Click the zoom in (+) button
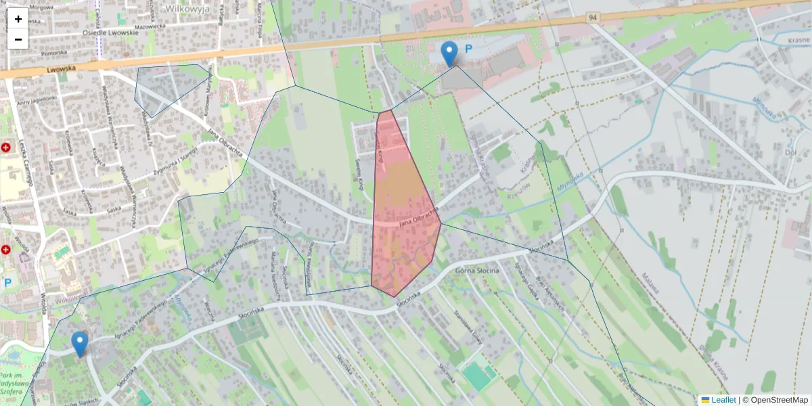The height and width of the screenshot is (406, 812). click(x=18, y=19)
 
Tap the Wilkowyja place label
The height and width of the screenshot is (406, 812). click(x=187, y=9)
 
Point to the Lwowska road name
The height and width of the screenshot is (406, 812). click(x=64, y=69)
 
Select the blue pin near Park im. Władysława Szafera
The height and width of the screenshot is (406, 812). click(x=80, y=343)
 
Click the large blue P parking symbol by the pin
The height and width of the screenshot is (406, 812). click(x=468, y=49)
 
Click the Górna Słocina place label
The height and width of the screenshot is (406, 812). click(x=478, y=271)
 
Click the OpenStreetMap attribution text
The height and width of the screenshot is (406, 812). click(x=779, y=400)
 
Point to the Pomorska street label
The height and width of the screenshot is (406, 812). click(x=53, y=52)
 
